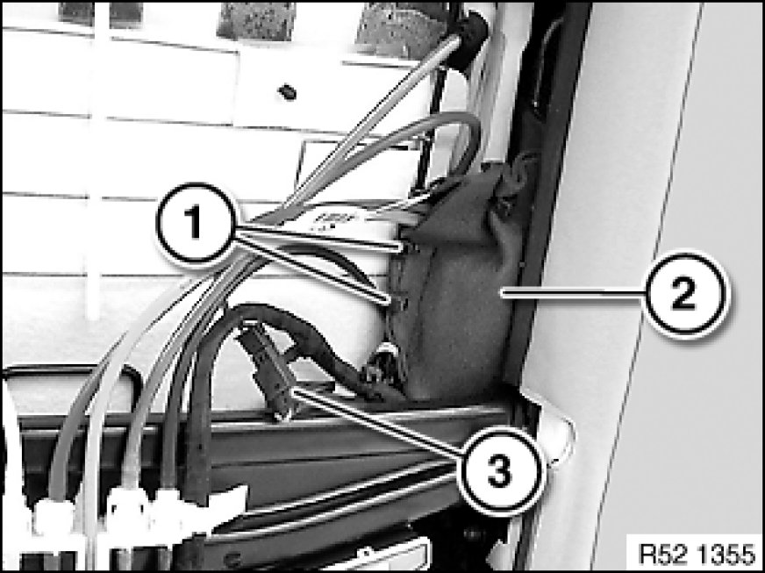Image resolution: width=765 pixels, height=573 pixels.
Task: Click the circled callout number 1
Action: tap(197, 224)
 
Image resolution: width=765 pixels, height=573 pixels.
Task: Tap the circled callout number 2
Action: tap(684, 294)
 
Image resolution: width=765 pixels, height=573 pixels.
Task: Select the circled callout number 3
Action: tap(499, 470)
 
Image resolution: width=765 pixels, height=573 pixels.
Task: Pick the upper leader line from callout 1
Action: tap(320, 238)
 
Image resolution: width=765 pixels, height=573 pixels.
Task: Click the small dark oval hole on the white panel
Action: tap(288, 91)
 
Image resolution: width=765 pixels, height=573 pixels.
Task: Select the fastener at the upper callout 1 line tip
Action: tap(409, 247)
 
